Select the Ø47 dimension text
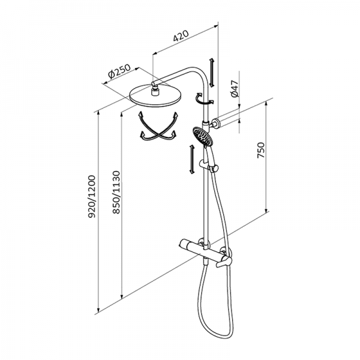pyautogui.click(x=235, y=90)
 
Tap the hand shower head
pyautogui.click(x=203, y=137)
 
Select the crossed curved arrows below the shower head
pyautogui.click(x=158, y=128)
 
